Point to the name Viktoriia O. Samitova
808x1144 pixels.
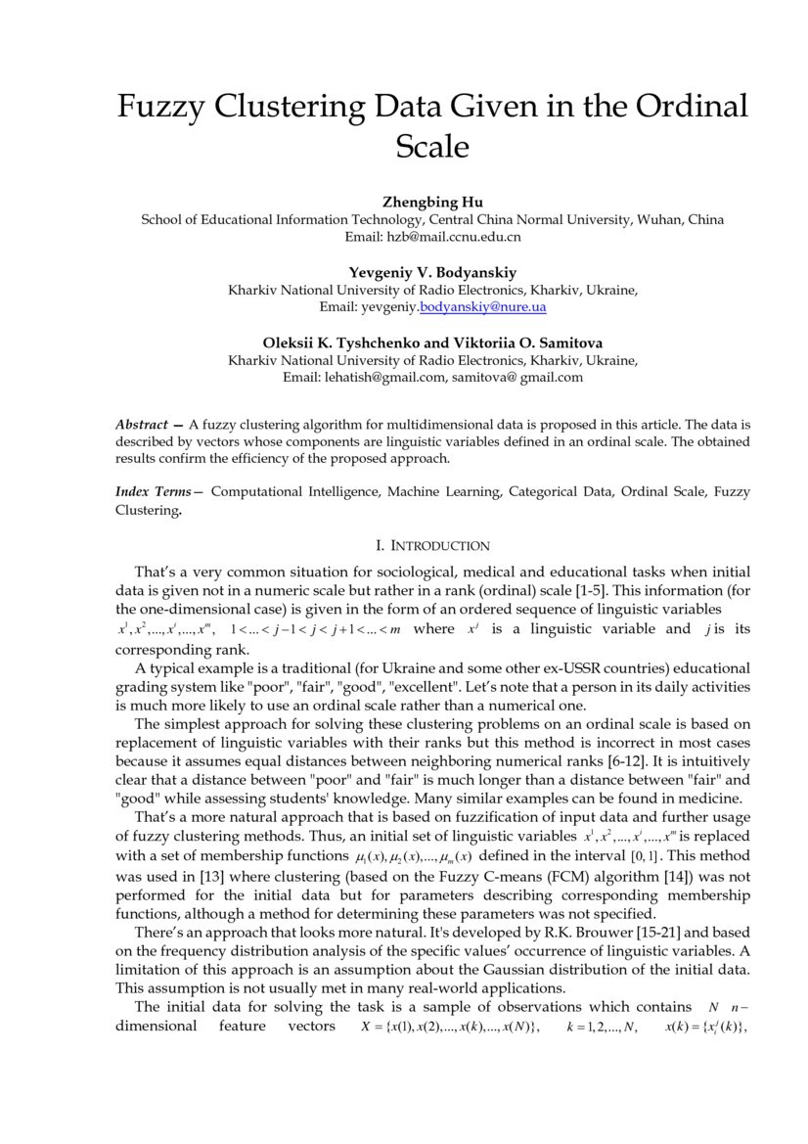click(527, 343)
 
